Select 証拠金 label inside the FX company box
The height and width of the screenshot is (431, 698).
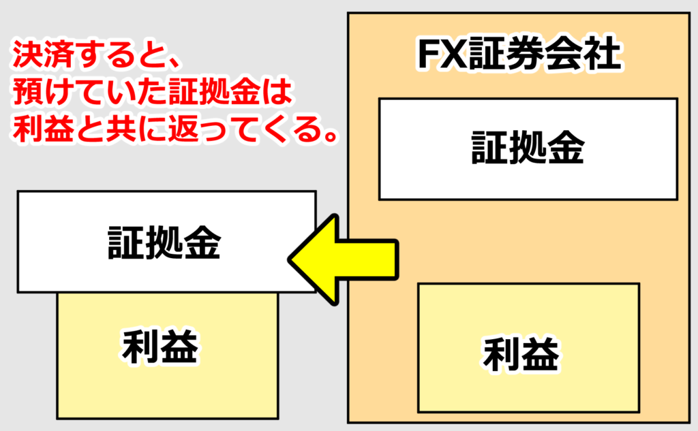pos(528,148)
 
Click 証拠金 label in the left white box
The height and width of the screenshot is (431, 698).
pos(165,242)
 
